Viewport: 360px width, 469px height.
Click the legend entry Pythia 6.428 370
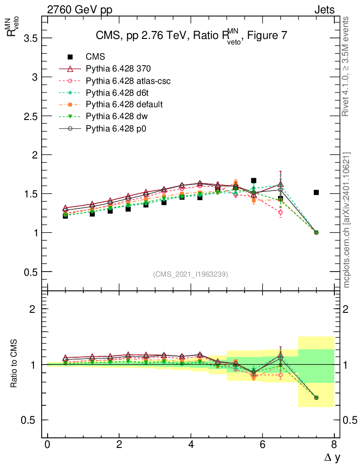pyautogui.click(x=118, y=69)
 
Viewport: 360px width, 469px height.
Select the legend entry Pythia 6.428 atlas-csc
pyautogui.click(x=128, y=81)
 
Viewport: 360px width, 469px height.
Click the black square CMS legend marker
pyautogui.click(x=70, y=57)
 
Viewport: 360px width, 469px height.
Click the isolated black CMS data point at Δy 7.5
pyautogui.click(x=316, y=192)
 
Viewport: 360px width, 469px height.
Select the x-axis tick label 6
pyautogui.click(x=262, y=445)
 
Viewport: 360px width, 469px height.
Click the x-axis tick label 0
pyautogui.click(x=47, y=445)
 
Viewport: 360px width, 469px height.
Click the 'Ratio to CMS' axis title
pyautogui.click(x=15, y=364)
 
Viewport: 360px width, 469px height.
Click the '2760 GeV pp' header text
pyautogui.click(x=80, y=10)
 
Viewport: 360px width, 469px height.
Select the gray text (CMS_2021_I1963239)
pyautogui.click(x=191, y=274)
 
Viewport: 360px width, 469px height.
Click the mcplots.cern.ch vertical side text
pyautogui.click(x=347, y=220)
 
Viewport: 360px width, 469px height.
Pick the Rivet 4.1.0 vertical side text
pyautogui.click(x=347, y=66)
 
